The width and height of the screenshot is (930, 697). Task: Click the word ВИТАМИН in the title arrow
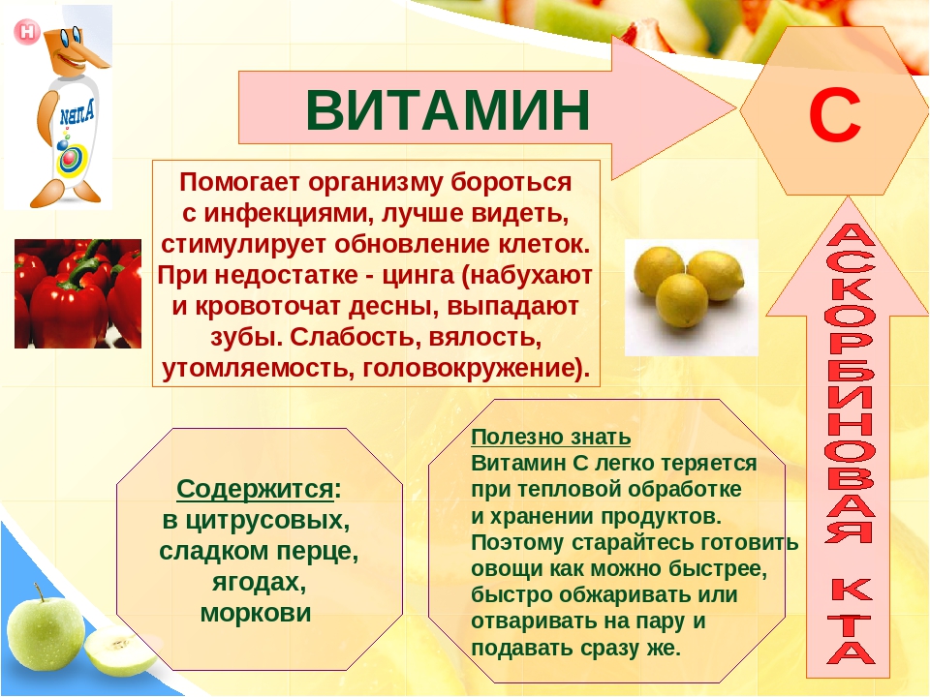click(448, 109)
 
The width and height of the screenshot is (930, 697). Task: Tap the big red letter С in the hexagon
click(834, 116)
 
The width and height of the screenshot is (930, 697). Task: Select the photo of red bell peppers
click(77, 293)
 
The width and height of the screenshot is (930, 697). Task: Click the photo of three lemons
click(691, 297)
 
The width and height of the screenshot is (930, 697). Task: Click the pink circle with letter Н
click(27, 32)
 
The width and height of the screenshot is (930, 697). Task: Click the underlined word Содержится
click(255, 490)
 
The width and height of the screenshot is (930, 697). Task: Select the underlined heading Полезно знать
click(550, 437)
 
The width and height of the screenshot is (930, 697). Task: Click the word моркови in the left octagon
click(256, 613)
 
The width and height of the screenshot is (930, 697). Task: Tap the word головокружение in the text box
click(477, 369)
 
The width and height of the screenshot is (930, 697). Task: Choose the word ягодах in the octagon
click(260, 583)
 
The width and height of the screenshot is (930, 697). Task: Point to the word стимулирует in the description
click(245, 245)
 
